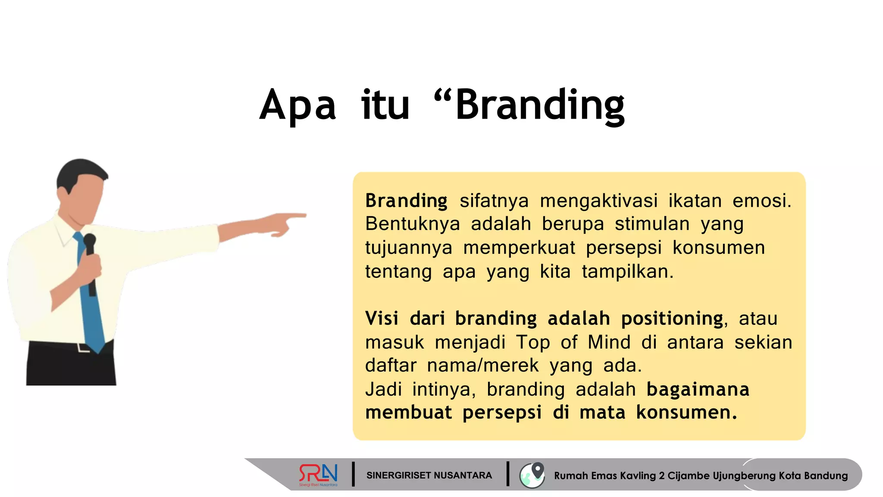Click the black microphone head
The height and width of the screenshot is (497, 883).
90,240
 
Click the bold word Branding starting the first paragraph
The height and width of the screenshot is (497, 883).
406,201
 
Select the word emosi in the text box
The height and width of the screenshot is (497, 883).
761,201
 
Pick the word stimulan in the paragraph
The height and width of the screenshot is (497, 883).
652,224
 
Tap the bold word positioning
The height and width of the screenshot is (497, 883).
672,319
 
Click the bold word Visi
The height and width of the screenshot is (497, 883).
382,319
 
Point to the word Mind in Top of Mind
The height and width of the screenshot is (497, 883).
609,343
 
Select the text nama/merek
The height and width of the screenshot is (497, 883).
482,366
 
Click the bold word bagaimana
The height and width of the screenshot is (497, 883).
698,390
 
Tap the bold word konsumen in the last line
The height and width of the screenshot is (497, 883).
686,413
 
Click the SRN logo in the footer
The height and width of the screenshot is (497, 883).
319,475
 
